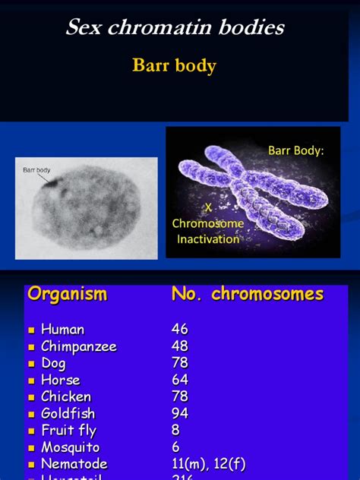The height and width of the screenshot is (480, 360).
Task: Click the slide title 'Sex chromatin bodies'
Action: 175,28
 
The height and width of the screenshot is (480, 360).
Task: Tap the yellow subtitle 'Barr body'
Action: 175,65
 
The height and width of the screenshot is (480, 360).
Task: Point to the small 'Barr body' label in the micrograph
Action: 37,171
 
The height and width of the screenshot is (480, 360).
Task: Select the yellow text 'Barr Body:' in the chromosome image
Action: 295,150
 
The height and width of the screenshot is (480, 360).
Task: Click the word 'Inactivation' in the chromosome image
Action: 207,239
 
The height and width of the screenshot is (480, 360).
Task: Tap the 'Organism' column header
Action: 67,295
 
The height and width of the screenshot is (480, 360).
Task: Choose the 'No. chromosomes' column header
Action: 248,295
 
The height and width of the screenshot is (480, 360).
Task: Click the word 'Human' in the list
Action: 62,330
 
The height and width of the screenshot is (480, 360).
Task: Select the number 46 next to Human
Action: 180,330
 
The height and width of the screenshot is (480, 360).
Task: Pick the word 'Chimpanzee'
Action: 79,346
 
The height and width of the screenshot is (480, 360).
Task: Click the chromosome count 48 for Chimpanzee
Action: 180,346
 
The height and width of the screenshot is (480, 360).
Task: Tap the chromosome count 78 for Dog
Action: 180,363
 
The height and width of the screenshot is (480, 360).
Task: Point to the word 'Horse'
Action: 60,380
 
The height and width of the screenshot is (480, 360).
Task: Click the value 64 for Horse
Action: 180,380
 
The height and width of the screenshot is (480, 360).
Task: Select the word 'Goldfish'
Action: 68,413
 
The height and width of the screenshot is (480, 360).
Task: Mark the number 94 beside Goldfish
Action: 180,413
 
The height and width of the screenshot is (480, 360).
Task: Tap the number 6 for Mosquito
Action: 176,447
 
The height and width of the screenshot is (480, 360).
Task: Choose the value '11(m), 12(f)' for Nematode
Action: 209,464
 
